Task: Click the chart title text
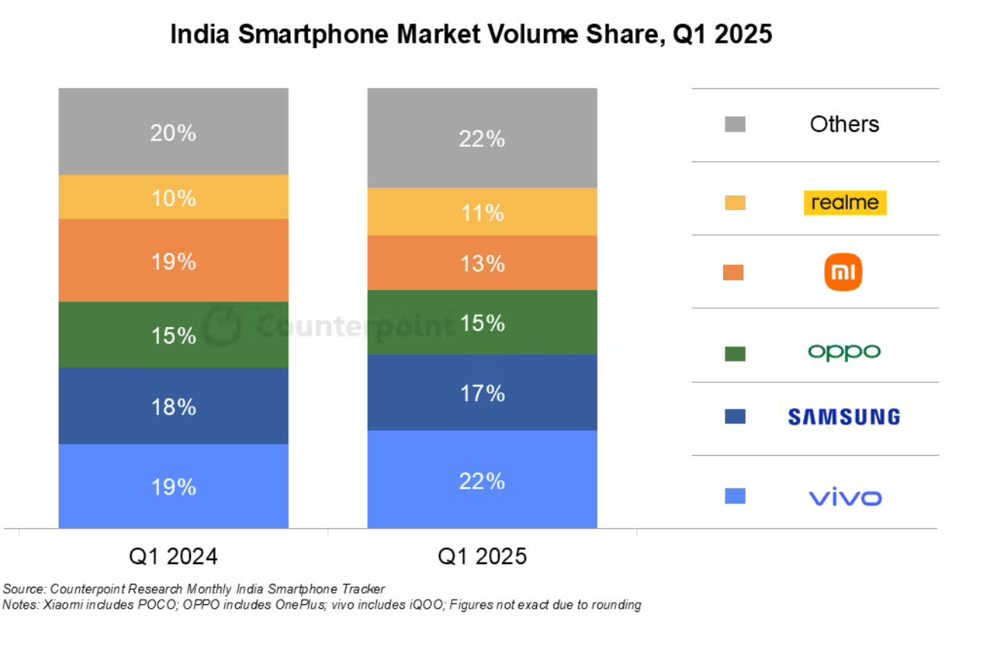pyautogui.click(x=471, y=35)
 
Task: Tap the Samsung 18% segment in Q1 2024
pyautogui.click(x=173, y=406)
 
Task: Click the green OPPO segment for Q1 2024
pyautogui.click(x=173, y=335)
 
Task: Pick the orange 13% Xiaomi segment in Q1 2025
pyautogui.click(x=482, y=263)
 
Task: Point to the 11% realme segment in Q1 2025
pyautogui.click(x=482, y=212)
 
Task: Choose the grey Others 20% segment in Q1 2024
pyautogui.click(x=173, y=132)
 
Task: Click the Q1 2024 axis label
pyautogui.click(x=173, y=556)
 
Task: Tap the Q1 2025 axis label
pyautogui.click(x=482, y=556)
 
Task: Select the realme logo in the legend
pyautogui.click(x=845, y=202)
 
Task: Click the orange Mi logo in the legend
pyautogui.click(x=843, y=273)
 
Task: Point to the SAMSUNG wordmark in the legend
pyautogui.click(x=843, y=416)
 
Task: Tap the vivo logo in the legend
pyautogui.click(x=845, y=498)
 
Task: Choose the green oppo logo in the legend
pyautogui.click(x=843, y=352)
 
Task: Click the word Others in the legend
pyautogui.click(x=844, y=124)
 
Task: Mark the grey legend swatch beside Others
pyautogui.click(x=735, y=124)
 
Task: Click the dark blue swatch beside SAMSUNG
pyautogui.click(x=735, y=416)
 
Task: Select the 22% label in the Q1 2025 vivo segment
pyautogui.click(x=482, y=481)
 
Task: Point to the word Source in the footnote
pyautogui.click(x=24, y=589)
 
